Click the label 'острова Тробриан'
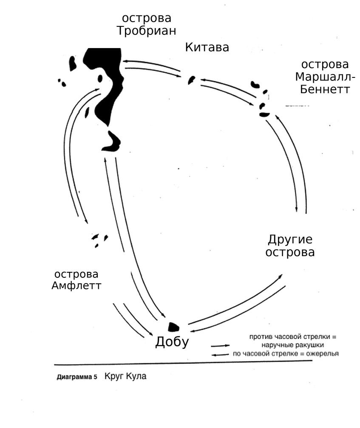click(x=147, y=25)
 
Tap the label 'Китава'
click(x=207, y=47)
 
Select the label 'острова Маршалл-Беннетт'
click(x=325, y=77)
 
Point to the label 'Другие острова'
click(x=290, y=245)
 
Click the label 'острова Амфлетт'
click(x=77, y=280)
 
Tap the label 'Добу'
click(x=172, y=342)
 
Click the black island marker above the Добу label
click(x=173, y=327)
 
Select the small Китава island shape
click(x=192, y=80)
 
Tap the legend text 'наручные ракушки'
click(x=293, y=345)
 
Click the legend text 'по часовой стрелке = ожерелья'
click(x=286, y=354)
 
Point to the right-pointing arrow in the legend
click(x=220, y=345)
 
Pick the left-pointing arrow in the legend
click(x=220, y=354)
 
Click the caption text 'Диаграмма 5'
click(x=77, y=377)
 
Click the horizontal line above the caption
click(x=183, y=363)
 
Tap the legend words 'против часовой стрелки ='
click(x=293, y=337)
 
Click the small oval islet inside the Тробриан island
click(x=100, y=78)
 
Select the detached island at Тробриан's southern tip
click(x=112, y=143)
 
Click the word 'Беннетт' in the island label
click(x=325, y=89)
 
